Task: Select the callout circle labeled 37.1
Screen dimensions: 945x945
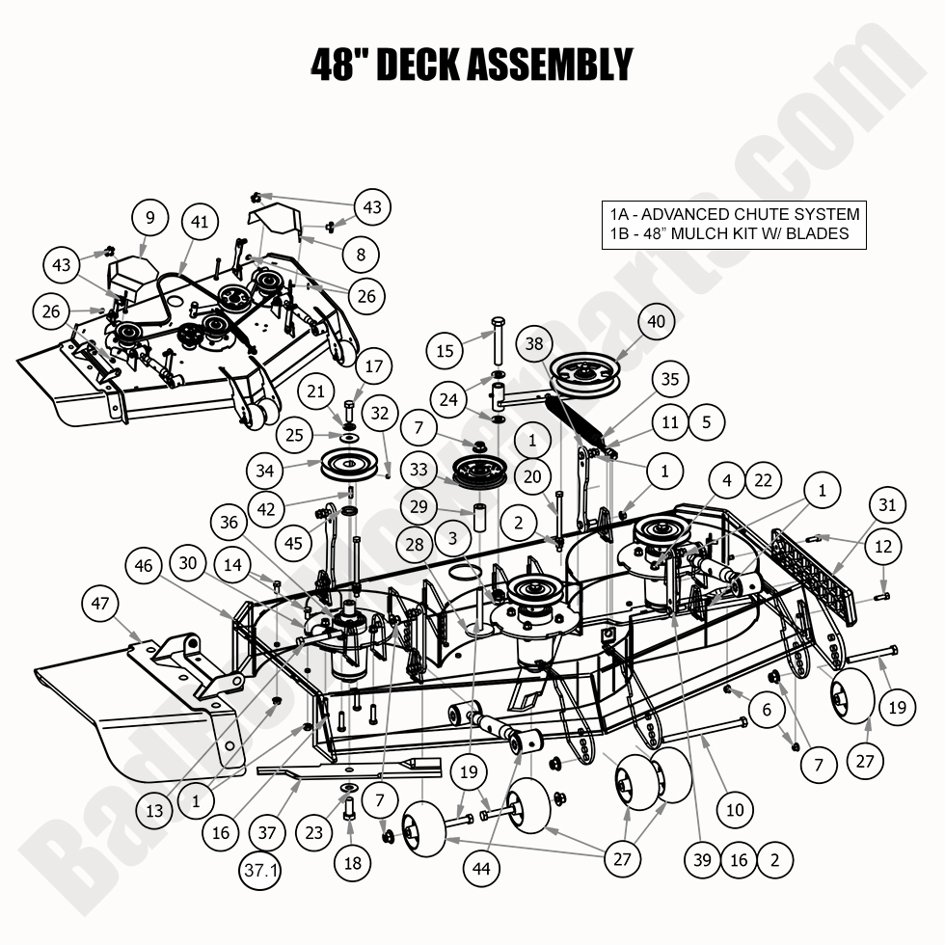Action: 261,872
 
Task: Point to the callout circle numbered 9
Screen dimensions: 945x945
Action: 149,219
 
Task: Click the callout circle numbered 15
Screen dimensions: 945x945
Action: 445,351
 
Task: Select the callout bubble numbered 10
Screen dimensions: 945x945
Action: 735,809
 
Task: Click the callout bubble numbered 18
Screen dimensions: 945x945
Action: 353,862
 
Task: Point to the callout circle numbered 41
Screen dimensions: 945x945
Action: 199,222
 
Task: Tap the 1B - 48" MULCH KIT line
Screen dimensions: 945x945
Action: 728,233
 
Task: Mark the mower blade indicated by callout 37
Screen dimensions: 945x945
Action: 347,769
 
